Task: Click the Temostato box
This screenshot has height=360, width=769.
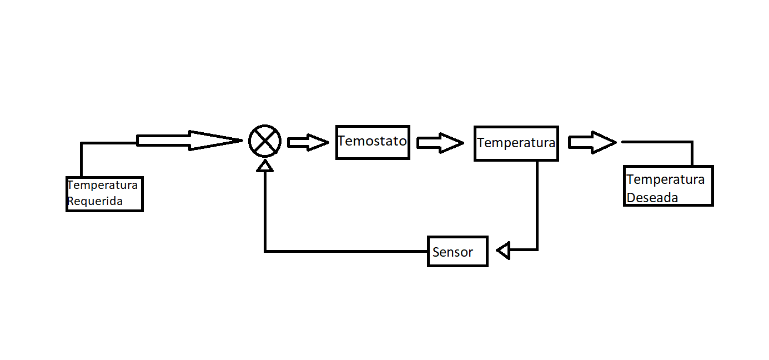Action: (x=373, y=142)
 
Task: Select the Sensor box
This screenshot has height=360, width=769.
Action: (x=458, y=252)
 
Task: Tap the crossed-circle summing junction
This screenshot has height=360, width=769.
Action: (x=265, y=141)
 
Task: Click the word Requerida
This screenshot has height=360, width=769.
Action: (x=95, y=201)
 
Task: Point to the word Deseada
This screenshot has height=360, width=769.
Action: (x=652, y=197)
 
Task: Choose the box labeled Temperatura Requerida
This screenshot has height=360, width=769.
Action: (x=104, y=194)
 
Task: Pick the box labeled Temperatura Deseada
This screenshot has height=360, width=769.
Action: (x=668, y=186)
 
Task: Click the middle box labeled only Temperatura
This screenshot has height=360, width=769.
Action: (x=516, y=143)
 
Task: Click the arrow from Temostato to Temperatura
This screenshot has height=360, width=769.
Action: (x=440, y=143)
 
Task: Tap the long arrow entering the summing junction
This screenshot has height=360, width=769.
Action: (x=189, y=141)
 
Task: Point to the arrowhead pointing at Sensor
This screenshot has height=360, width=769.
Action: (x=503, y=251)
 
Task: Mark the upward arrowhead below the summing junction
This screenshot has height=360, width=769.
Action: (x=265, y=166)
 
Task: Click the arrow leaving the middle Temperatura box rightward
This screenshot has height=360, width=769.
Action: (x=592, y=143)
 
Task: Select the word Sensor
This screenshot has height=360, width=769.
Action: (x=453, y=252)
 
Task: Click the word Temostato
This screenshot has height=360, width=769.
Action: (x=372, y=141)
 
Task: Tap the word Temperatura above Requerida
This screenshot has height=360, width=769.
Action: (x=102, y=185)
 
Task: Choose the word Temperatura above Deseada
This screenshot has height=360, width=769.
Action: (x=665, y=179)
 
